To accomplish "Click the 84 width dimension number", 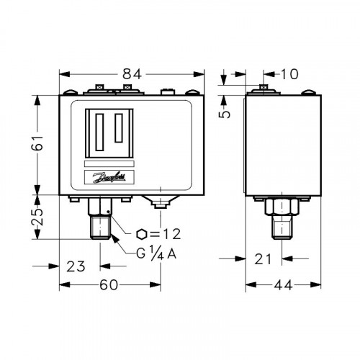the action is tap(132, 74).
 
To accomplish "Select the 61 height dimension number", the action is tap(37, 143).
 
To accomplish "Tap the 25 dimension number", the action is tap(37, 217).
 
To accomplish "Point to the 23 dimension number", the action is tap(76, 266).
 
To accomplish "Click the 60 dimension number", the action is tap(109, 285).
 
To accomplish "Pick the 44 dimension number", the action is tap(283, 285).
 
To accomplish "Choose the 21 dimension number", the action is tap(263, 259).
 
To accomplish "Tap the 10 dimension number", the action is tap(289, 74).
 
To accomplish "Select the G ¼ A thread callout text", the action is tap(156, 253).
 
